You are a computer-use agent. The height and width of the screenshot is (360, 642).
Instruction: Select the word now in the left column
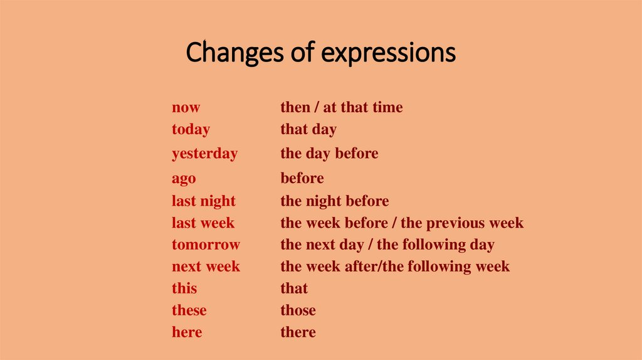pos(186,108)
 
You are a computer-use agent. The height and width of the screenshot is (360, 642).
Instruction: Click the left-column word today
pos(191,130)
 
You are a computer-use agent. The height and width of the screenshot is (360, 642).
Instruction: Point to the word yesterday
pos(204,154)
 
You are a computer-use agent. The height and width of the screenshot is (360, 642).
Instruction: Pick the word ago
pos(184,179)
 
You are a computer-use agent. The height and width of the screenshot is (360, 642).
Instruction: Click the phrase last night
pos(204,201)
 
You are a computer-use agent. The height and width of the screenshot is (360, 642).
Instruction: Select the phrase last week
pos(203,223)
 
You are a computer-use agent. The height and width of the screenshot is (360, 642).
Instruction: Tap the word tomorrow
pos(206,245)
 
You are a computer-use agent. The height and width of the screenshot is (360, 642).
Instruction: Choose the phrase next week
pos(206,267)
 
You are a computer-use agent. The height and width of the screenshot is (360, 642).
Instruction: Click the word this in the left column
pos(184,289)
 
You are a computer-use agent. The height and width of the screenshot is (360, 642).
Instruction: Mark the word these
pos(189,310)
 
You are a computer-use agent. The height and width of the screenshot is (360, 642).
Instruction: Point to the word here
pos(187,332)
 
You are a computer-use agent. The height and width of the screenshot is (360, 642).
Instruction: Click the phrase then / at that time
pos(341,108)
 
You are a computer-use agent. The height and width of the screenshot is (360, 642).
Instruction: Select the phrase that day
pos(308,130)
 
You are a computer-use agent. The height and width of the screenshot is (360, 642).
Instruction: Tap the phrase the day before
pos(329,154)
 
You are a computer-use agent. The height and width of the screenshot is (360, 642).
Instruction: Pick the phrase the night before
pos(334,201)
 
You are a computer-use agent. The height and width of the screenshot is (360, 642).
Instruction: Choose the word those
pos(298,310)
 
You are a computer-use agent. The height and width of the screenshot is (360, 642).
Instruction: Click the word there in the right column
pos(298,332)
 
